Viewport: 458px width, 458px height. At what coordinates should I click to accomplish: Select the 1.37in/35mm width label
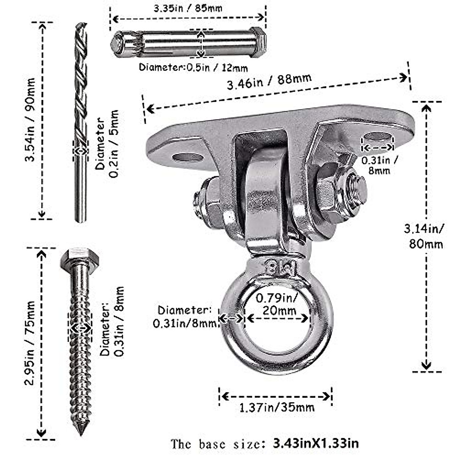277,407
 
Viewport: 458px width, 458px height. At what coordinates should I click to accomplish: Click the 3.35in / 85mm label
188,8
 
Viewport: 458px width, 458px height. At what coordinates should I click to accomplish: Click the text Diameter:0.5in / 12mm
193,68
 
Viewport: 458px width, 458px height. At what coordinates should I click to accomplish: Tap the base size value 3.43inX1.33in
316,443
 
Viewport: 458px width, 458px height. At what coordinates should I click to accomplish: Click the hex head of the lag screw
79,258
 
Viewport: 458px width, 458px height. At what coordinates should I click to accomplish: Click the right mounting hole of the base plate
378,137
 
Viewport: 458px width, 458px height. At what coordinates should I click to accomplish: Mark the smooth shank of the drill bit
81,191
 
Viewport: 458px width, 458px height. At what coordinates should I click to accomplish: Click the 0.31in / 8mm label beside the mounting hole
380,165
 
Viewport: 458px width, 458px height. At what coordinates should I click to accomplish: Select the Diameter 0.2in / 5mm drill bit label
107,144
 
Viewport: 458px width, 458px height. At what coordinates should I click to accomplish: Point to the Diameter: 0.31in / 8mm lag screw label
113,321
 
